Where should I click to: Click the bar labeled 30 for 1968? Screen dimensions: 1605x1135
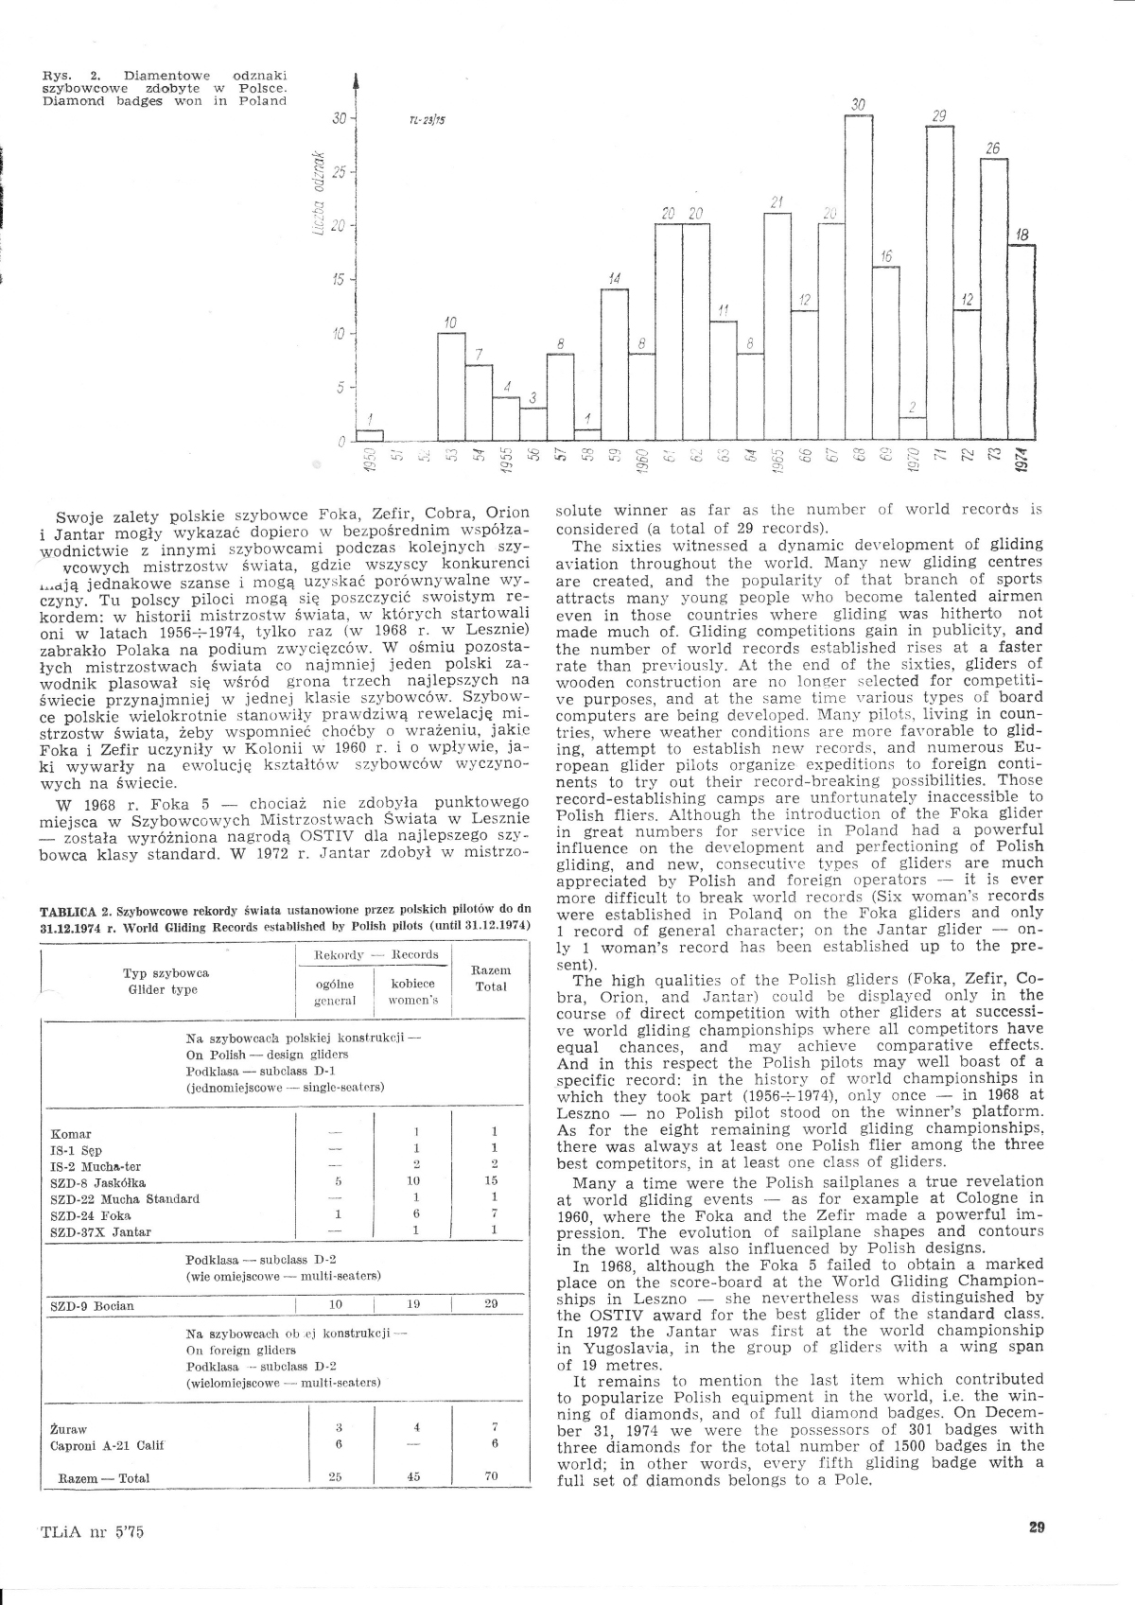coord(858,278)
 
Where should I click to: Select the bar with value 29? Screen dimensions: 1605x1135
coord(939,284)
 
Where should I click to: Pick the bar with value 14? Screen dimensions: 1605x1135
coord(615,364)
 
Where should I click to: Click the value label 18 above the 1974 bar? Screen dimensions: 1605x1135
coord(1021,235)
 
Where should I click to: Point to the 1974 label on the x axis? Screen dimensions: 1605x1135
coord(1021,458)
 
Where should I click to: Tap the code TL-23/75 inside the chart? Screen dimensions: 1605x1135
coord(428,121)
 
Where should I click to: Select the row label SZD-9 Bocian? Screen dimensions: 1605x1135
coord(92,1305)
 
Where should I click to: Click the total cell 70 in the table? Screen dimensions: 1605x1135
coord(491,1476)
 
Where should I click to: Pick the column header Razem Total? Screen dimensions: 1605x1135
coord(491,978)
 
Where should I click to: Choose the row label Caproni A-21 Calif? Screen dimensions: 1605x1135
coord(103,1445)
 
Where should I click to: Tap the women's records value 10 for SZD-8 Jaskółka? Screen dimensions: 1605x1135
coord(414,1181)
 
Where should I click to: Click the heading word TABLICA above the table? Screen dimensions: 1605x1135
coord(69,911)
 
